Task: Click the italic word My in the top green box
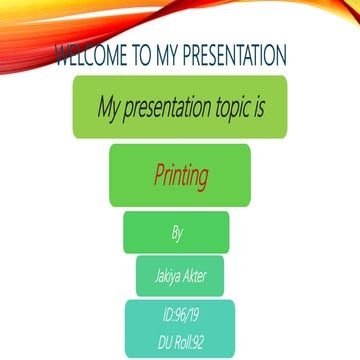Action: (x=110, y=107)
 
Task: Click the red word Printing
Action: (x=180, y=177)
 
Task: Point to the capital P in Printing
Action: (x=158, y=177)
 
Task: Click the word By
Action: (x=177, y=233)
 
